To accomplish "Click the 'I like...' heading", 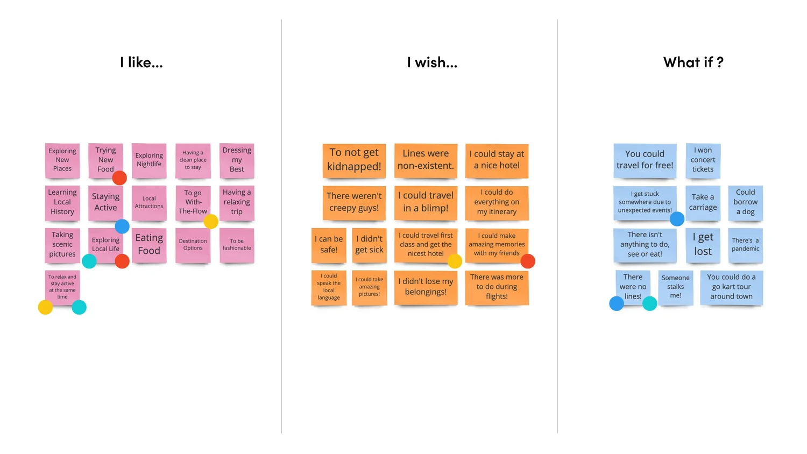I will pyautogui.click(x=141, y=63).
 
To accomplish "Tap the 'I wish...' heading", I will pyautogui.click(x=432, y=63).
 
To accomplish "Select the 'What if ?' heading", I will pyautogui.click(x=693, y=63).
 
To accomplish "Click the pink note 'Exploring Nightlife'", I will pyautogui.click(x=149, y=160).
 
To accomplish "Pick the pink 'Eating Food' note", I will pyautogui.click(x=149, y=245).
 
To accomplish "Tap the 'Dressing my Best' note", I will pyautogui.click(x=237, y=160).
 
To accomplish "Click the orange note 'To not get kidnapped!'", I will pyautogui.click(x=354, y=160).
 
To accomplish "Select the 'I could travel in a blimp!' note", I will pyautogui.click(x=426, y=202).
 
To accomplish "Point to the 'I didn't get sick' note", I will pyautogui.click(x=369, y=245).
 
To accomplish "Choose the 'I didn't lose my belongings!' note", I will pyautogui.click(x=426, y=287).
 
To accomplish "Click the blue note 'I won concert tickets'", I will pyautogui.click(x=703, y=160).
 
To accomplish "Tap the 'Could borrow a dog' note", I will pyautogui.click(x=745, y=202).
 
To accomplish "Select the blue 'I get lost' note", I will pyautogui.click(x=703, y=245).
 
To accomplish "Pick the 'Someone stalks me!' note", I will pyautogui.click(x=675, y=287).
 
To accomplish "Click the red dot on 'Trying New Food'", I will pyautogui.click(x=119, y=178).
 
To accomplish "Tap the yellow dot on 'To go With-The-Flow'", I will pyautogui.click(x=211, y=221).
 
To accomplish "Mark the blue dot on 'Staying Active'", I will pyautogui.click(x=122, y=226).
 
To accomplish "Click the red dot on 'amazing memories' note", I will pyautogui.click(x=528, y=261).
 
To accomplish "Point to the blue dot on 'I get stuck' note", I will pyautogui.click(x=677, y=219).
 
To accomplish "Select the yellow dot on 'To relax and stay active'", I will pyautogui.click(x=45, y=307).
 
